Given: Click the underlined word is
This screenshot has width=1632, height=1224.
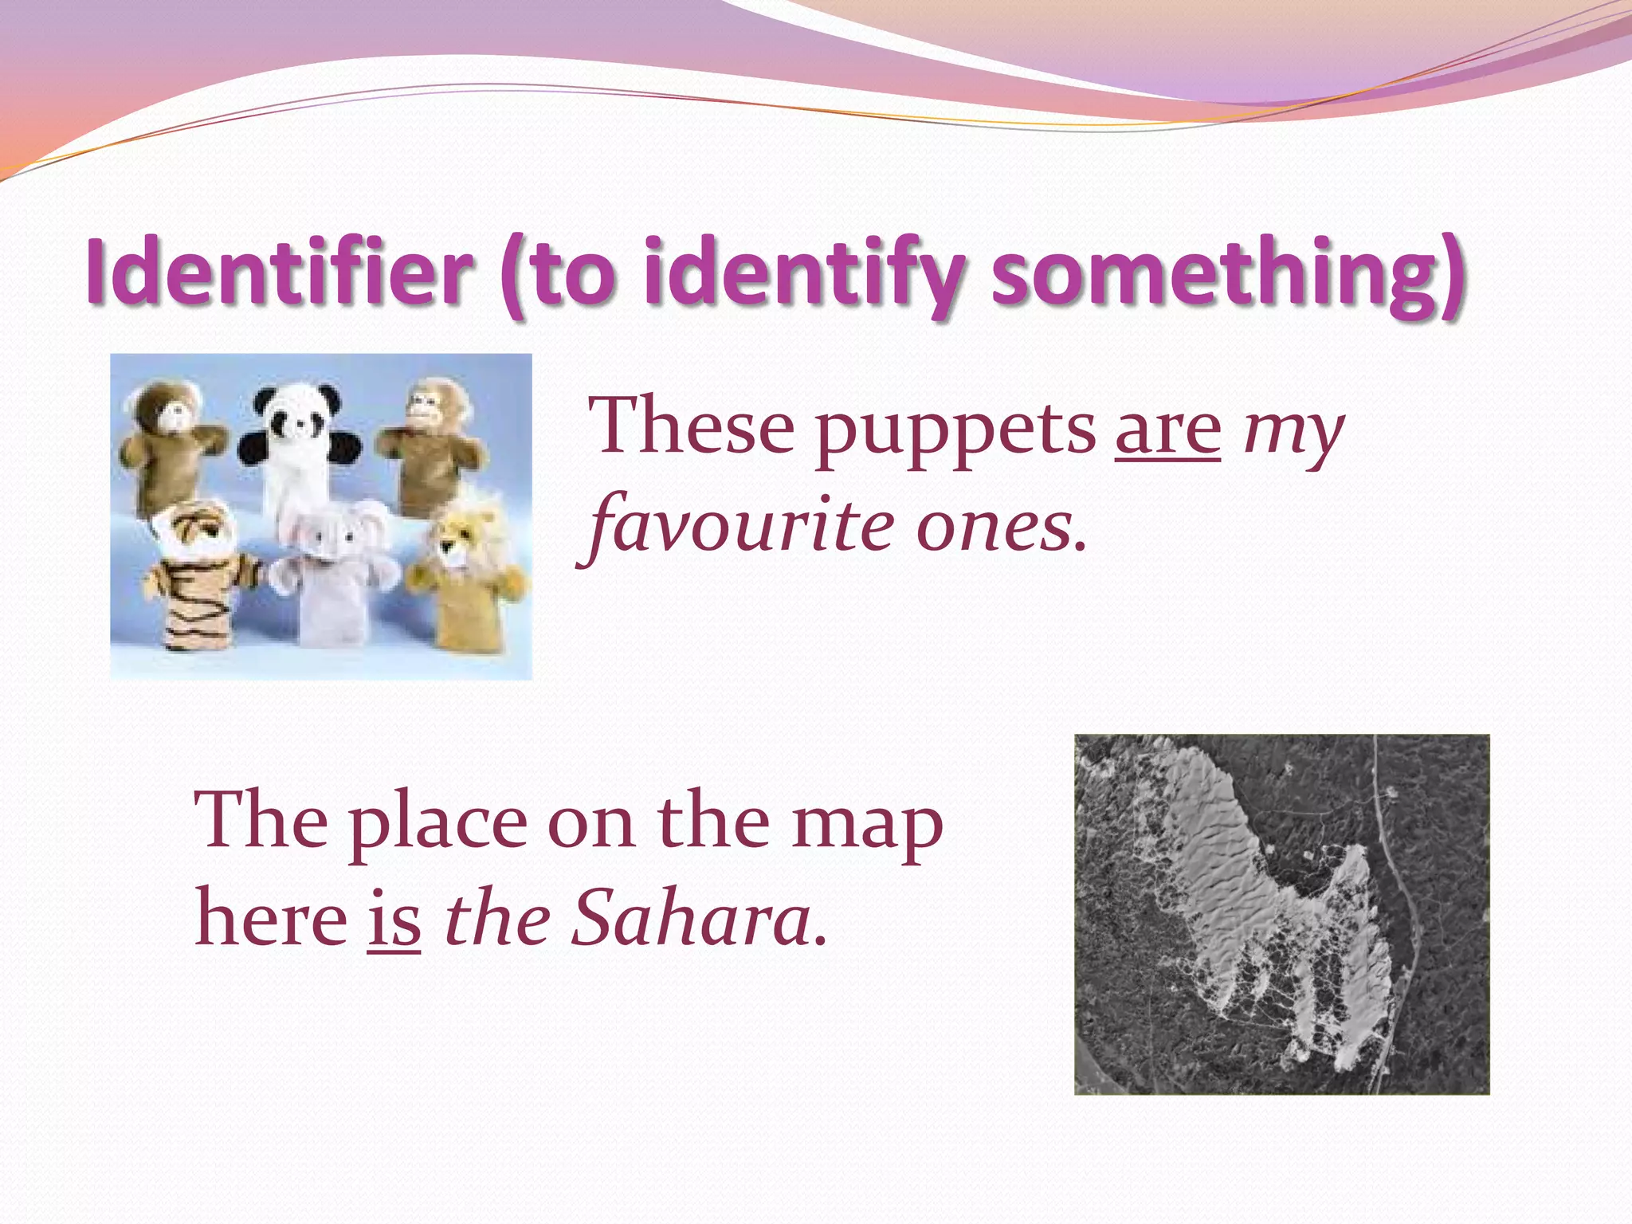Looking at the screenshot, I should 394,920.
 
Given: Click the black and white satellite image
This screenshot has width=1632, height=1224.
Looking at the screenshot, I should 1281,914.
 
